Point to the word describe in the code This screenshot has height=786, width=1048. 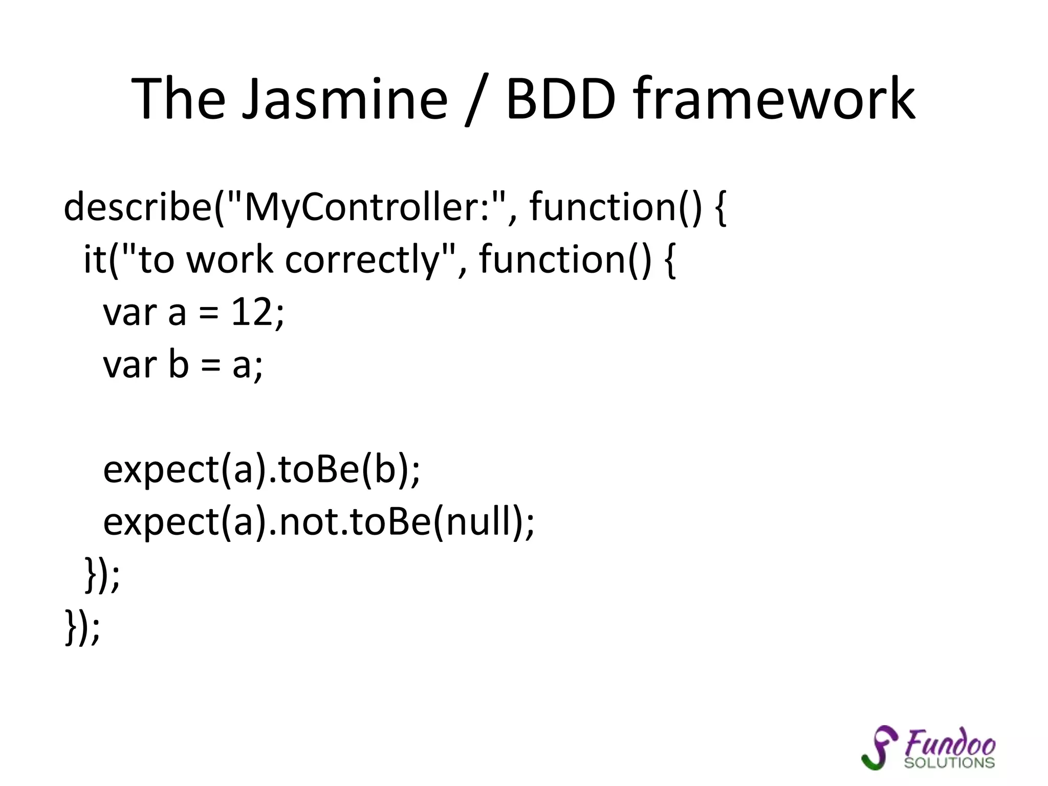[x=137, y=207]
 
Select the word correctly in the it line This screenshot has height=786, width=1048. [x=362, y=260]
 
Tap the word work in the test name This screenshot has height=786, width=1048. [x=229, y=260]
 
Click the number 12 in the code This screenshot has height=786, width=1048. [x=251, y=312]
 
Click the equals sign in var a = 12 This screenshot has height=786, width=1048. [x=208, y=313]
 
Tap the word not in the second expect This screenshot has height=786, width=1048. [x=305, y=522]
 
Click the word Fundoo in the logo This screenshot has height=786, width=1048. [x=950, y=743]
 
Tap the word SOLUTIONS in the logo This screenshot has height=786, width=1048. [x=949, y=762]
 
